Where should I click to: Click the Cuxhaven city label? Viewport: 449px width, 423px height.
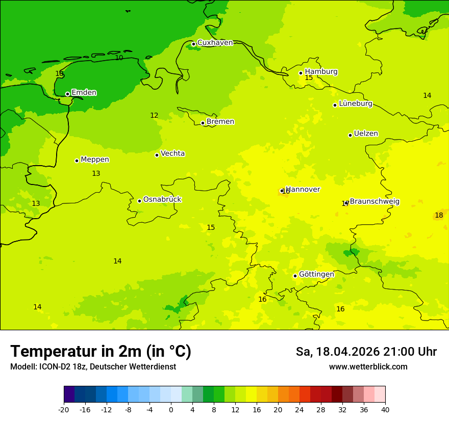click(215, 43)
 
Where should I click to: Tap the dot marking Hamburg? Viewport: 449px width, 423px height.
click(301, 73)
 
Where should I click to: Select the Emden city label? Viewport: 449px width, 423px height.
click(84, 93)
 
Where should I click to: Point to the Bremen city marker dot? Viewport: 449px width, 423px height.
click(203, 123)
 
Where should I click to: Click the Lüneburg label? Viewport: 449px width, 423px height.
click(355, 104)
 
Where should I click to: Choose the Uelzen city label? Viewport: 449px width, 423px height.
click(366, 134)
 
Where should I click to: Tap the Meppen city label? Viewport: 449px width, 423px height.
click(95, 160)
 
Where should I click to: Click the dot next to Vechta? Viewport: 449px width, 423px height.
click(157, 155)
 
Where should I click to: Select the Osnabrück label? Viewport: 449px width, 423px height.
click(162, 200)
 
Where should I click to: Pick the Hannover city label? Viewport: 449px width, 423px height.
click(303, 190)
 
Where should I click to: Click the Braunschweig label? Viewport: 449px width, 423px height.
click(375, 202)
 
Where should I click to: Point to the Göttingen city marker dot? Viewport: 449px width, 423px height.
click(295, 276)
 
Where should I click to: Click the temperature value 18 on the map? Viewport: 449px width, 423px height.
click(439, 216)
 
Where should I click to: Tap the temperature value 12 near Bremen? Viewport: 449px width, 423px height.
click(154, 116)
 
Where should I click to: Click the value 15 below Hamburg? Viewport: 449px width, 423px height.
click(309, 78)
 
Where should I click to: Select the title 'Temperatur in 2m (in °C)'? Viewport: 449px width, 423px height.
click(101, 351)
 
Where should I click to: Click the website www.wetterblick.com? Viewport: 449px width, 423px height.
click(368, 367)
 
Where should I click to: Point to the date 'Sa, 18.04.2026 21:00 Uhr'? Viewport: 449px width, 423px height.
click(366, 352)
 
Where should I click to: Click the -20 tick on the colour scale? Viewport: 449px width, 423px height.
click(64, 409)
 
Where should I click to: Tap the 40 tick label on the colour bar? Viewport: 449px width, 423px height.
click(385, 409)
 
